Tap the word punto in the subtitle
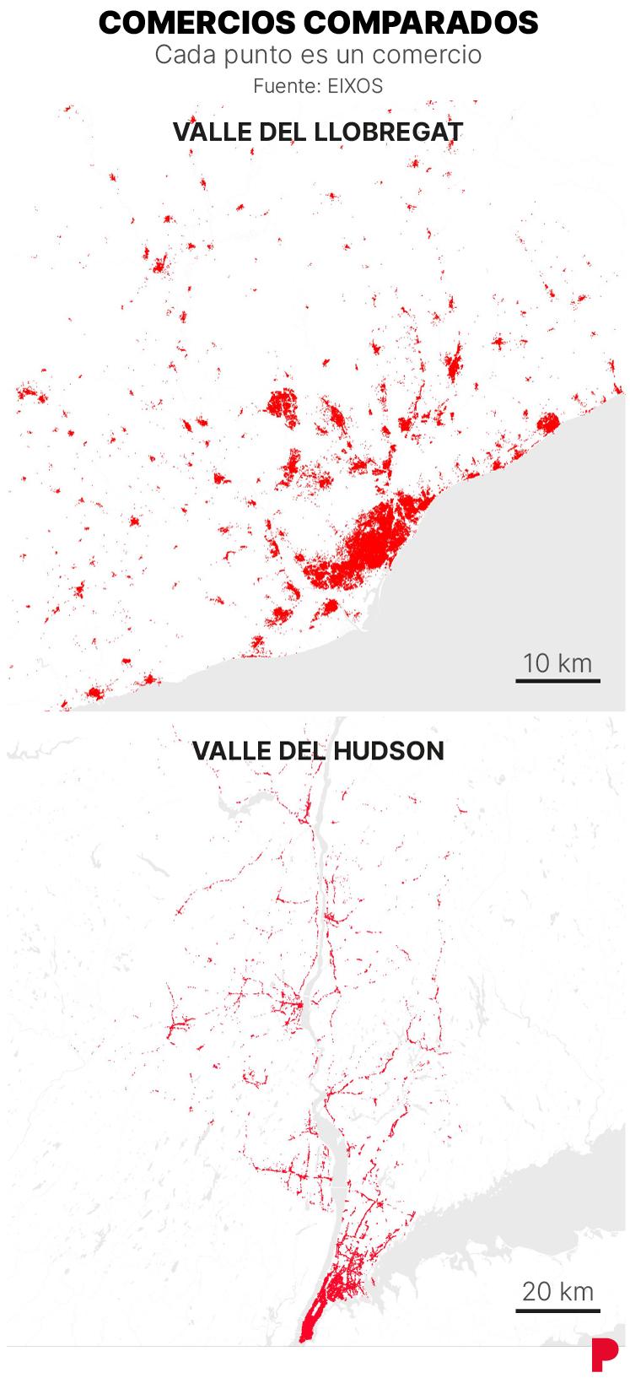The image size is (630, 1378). coord(254,55)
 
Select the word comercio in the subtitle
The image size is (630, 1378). coord(427,55)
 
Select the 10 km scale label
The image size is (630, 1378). coord(557,663)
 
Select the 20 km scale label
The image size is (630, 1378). coord(557,1291)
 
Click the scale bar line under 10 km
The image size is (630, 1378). coord(557,680)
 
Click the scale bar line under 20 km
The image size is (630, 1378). coord(557,1310)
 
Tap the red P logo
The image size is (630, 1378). coord(604,1354)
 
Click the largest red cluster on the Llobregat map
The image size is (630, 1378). coord(375,540)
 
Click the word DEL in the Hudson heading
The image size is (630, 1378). coord(297,751)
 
